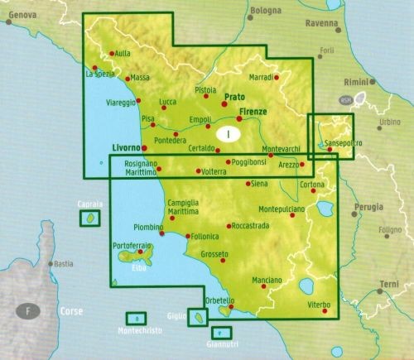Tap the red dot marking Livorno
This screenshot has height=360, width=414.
[x=139, y=150]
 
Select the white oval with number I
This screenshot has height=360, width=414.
[x=229, y=131]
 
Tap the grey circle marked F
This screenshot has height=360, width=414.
[x=29, y=312]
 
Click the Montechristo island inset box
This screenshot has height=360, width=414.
[x=135, y=319]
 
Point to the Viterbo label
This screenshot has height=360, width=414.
[x=319, y=305]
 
